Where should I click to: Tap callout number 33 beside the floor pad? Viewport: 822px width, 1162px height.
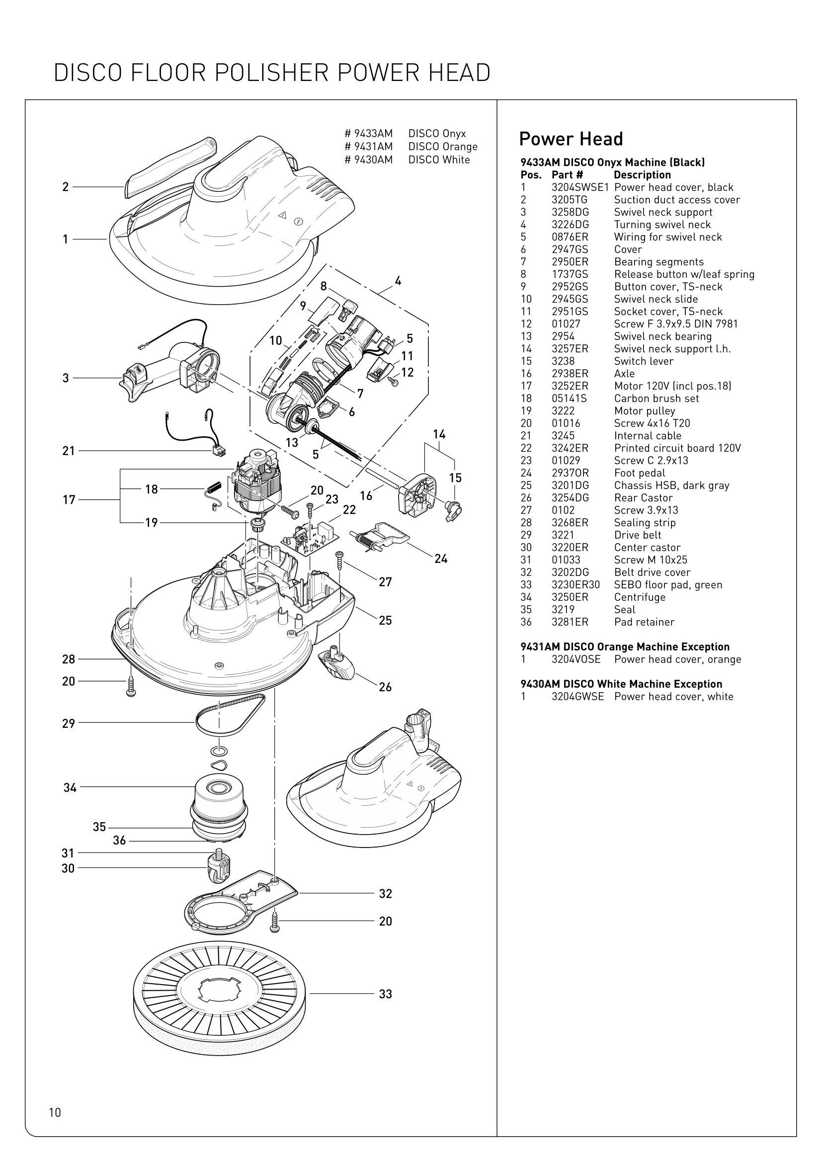tap(385, 994)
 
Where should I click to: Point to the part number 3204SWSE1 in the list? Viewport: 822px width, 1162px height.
tap(580, 187)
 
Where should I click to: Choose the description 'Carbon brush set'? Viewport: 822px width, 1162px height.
tap(657, 398)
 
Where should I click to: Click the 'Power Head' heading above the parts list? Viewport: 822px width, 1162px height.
tap(571, 139)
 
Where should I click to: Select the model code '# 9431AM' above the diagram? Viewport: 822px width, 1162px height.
tap(368, 147)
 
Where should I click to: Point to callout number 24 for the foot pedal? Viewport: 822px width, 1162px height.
tap(441, 559)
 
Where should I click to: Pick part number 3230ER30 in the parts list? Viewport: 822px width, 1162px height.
tap(575, 585)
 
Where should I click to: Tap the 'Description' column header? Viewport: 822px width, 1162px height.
tap(642, 175)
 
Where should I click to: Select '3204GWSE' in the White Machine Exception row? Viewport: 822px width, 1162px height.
tap(577, 697)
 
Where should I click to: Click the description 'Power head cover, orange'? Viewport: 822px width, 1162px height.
tap(677, 659)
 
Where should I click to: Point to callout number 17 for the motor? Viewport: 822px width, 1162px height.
tap(69, 500)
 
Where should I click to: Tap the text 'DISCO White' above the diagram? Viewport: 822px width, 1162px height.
tap(439, 160)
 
